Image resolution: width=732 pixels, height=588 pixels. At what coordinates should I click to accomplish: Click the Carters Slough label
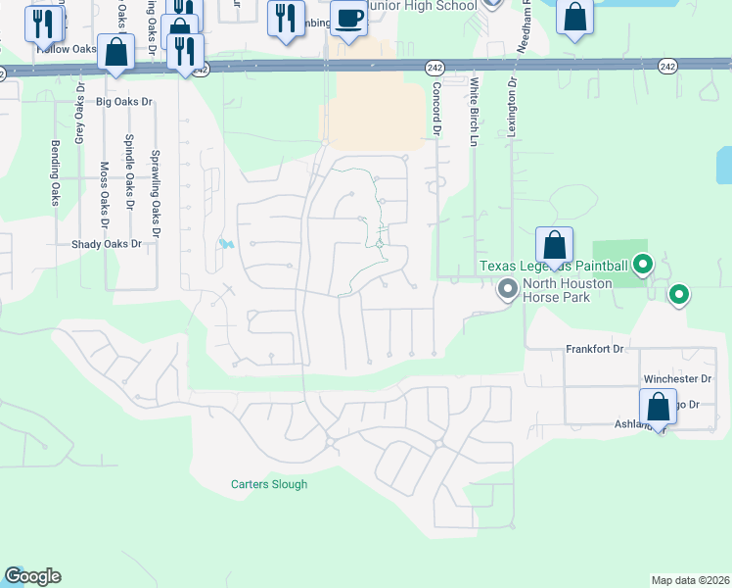point(269,484)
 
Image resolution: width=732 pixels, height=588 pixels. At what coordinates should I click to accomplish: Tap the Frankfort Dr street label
point(595,349)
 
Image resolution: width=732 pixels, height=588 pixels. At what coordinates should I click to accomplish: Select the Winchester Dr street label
point(677,378)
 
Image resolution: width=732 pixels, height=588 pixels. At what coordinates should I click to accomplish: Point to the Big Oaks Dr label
point(124,102)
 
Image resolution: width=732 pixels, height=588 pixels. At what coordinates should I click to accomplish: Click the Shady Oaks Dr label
point(107,244)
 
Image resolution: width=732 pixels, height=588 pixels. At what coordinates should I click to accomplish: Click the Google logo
point(32,576)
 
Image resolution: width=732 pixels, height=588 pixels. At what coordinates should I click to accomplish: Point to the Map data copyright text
point(691,580)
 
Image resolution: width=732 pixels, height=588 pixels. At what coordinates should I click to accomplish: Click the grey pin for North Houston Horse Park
point(507,289)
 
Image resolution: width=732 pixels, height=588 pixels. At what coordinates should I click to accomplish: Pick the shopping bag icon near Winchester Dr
point(658,408)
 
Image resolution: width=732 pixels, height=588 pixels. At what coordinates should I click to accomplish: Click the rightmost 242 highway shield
point(667,66)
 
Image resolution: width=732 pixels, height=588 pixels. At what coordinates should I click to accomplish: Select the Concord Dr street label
point(436,109)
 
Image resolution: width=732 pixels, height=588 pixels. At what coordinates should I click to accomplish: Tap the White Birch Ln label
point(473,113)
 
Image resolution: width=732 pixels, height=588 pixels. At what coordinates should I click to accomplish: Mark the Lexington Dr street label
point(511,108)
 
